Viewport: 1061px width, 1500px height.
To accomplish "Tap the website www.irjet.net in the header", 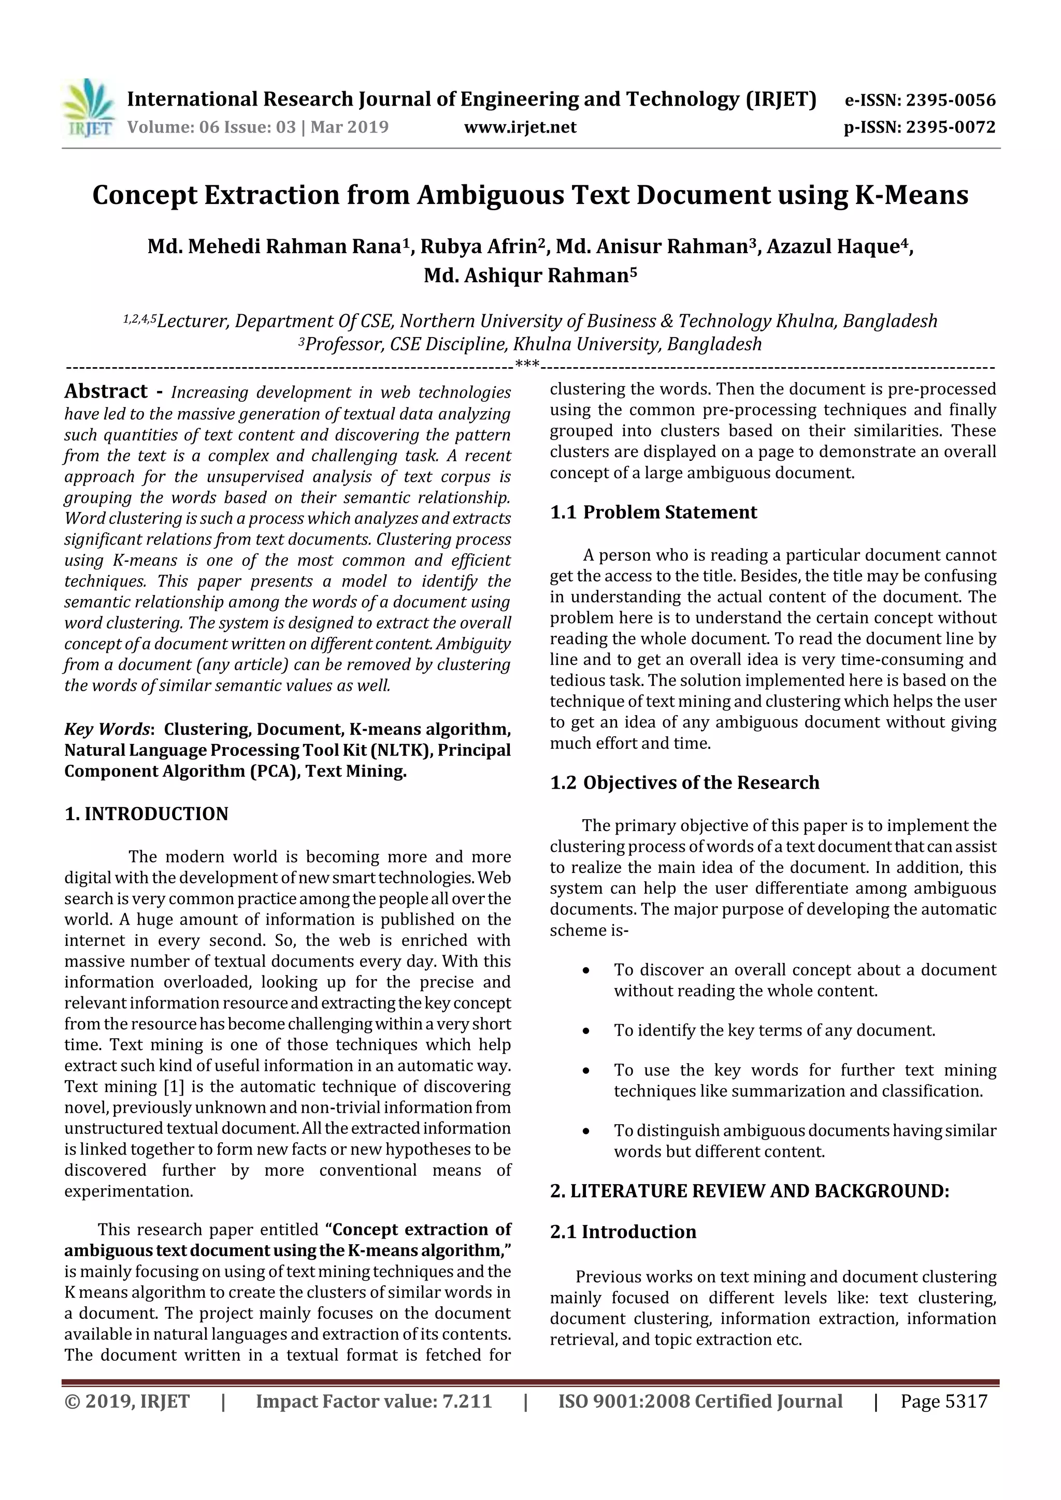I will tap(520, 127).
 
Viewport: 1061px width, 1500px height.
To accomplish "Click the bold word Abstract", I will tap(106, 391).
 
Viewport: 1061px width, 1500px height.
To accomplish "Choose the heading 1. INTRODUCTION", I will tap(147, 813).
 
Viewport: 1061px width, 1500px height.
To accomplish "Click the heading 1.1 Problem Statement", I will tap(653, 512).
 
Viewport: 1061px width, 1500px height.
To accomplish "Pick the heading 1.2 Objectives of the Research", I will tap(684, 783).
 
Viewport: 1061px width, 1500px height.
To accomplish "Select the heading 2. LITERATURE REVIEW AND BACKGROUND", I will tap(749, 1191).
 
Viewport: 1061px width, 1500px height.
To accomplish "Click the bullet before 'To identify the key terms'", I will tap(586, 1031).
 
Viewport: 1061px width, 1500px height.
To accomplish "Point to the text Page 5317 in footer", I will tap(943, 1401).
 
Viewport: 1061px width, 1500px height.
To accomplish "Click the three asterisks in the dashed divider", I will tap(527, 364).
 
